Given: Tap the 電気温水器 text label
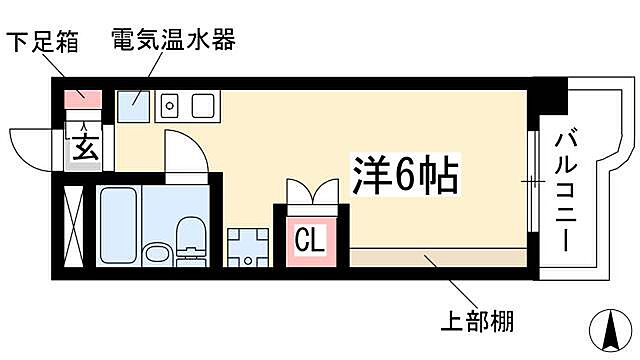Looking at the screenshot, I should pos(174,43).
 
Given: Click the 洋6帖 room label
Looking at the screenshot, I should pos(403,177).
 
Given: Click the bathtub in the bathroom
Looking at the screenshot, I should pos(119,222).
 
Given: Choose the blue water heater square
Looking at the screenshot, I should pos(133,103).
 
